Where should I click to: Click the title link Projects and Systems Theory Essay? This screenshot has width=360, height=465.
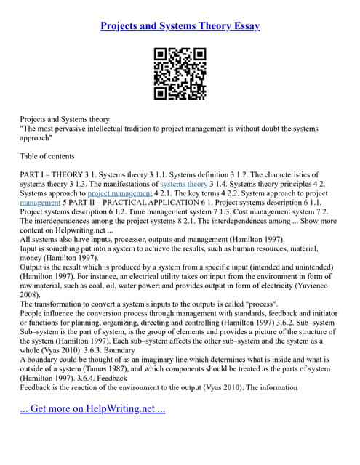[180, 26]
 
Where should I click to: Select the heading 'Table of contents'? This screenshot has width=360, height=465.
[47, 155]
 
